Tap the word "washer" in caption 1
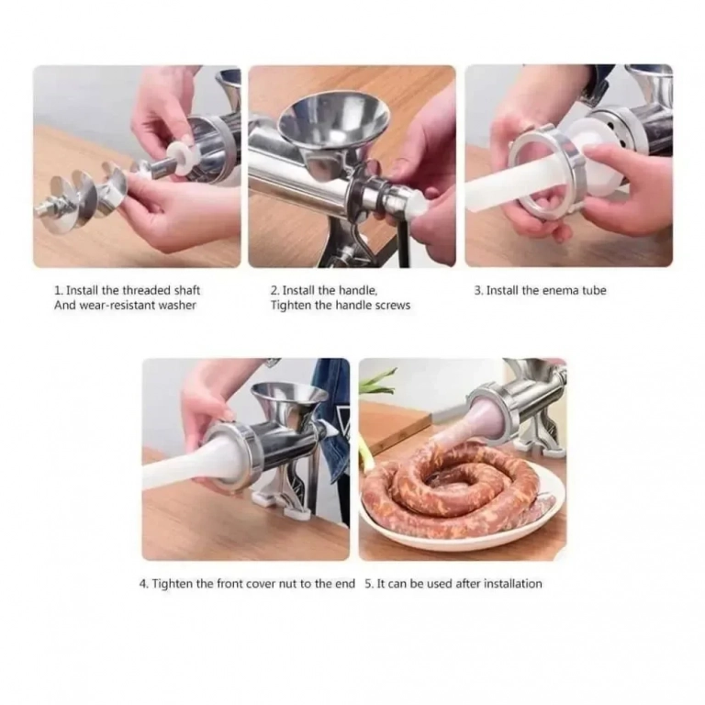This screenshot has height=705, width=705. (x=178, y=306)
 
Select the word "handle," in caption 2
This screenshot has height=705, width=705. (x=358, y=290)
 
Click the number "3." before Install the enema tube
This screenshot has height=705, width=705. (x=479, y=290)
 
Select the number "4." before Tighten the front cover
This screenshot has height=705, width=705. (x=144, y=584)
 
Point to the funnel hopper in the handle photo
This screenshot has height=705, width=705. (x=333, y=122)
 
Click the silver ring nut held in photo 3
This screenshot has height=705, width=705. (x=546, y=174)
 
